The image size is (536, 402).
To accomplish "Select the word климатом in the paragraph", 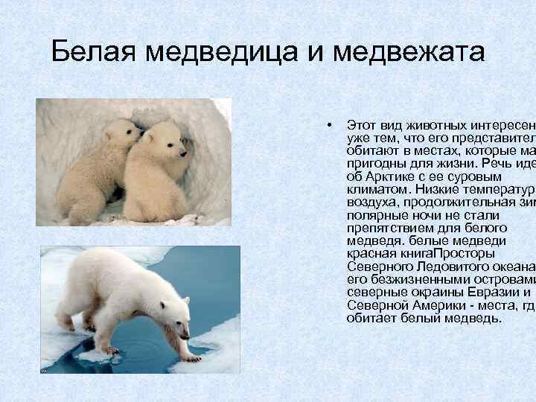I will pyautogui.click(x=374, y=189).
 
